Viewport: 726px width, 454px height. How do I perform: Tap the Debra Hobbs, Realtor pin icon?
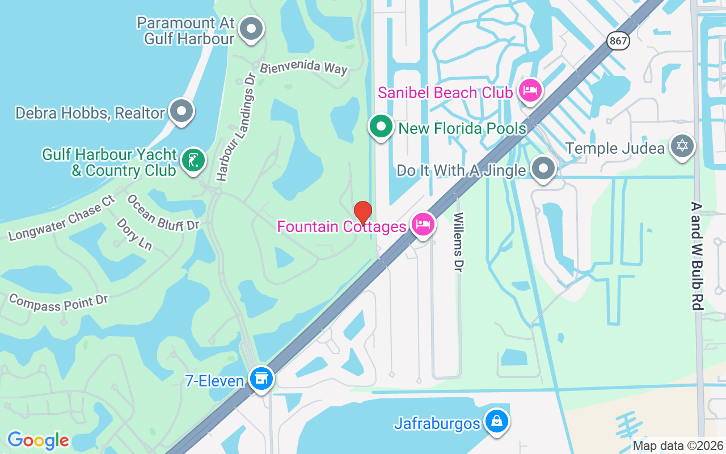(x=181, y=112)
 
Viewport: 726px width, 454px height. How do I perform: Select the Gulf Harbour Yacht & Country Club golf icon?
(x=193, y=161)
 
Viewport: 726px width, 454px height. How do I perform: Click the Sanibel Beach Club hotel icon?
(x=530, y=91)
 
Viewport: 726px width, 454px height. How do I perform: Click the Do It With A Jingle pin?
(x=543, y=169)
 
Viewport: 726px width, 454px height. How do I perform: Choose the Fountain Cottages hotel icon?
(x=423, y=225)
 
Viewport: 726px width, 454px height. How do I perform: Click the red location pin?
(x=362, y=213)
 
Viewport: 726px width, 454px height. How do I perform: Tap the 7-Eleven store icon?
(x=261, y=379)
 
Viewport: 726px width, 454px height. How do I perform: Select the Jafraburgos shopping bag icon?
(x=497, y=422)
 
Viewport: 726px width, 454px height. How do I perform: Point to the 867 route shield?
(x=618, y=40)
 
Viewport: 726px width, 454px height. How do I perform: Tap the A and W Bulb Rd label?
(x=697, y=255)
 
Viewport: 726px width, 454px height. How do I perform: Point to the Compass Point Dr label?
(x=58, y=301)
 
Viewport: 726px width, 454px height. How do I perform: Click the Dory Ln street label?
(x=134, y=234)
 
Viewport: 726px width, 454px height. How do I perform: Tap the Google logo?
(x=38, y=440)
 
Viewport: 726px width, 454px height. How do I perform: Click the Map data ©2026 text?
(x=678, y=445)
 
